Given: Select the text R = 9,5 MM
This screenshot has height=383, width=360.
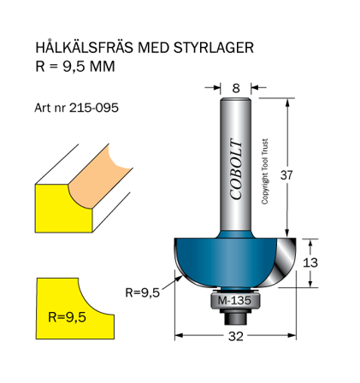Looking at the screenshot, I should coord(74,66).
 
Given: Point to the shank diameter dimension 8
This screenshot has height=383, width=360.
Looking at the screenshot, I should coord(235,86).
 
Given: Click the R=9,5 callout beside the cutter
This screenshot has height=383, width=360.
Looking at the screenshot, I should coord(143,292).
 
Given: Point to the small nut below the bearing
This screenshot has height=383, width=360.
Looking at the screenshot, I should coord(235,314).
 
